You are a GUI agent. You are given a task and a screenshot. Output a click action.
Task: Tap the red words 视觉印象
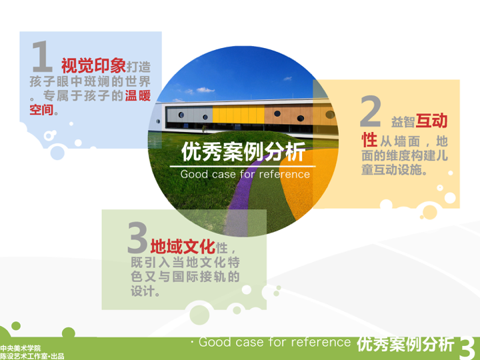pyautogui.click(x=93, y=65)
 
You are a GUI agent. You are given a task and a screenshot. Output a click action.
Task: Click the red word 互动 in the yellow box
pyautogui.click(x=431, y=121)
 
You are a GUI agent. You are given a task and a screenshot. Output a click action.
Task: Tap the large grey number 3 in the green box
pyautogui.click(x=137, y=237)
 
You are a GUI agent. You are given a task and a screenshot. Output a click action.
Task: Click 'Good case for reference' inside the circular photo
pyautogui.click(x=245, y=174)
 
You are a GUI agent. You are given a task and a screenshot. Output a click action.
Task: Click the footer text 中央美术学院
pyautogui.click(x=21, y=347)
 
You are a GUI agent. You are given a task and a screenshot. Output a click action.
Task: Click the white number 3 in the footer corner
pyautogui.click(x=468, y=348)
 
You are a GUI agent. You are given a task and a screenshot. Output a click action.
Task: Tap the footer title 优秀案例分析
pyautogui.click(x=405, y=344)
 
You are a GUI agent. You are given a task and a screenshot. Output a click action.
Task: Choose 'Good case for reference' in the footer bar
pyautogui.click(x=274, y=342)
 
